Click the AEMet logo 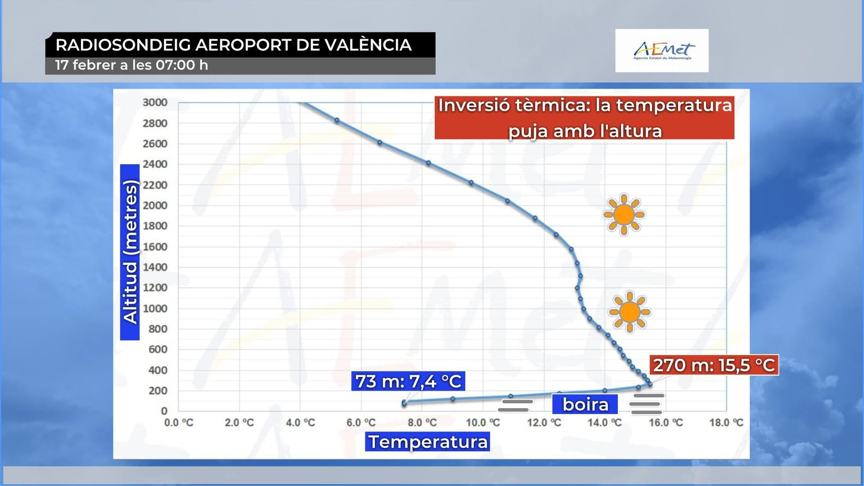point(662,51)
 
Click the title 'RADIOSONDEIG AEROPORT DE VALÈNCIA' point(234,45)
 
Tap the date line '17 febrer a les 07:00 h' point(132,65)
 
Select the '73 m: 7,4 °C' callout point(408,381)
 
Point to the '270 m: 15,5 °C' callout point(714,365)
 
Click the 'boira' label point(585,404)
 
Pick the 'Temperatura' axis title point(428,442)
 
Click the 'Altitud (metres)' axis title point(130,252)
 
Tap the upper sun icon point(624,214)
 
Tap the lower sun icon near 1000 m point(629,312)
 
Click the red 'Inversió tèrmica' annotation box point(584,118)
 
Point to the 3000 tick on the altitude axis point(155,103)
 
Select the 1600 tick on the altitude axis point(155,247)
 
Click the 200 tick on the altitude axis point(158,390)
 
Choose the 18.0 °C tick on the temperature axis point(726,422)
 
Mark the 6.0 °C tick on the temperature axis point(361,422)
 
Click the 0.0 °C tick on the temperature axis point(179,422)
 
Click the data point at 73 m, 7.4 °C point(404,403)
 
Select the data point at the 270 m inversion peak point(650,384)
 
